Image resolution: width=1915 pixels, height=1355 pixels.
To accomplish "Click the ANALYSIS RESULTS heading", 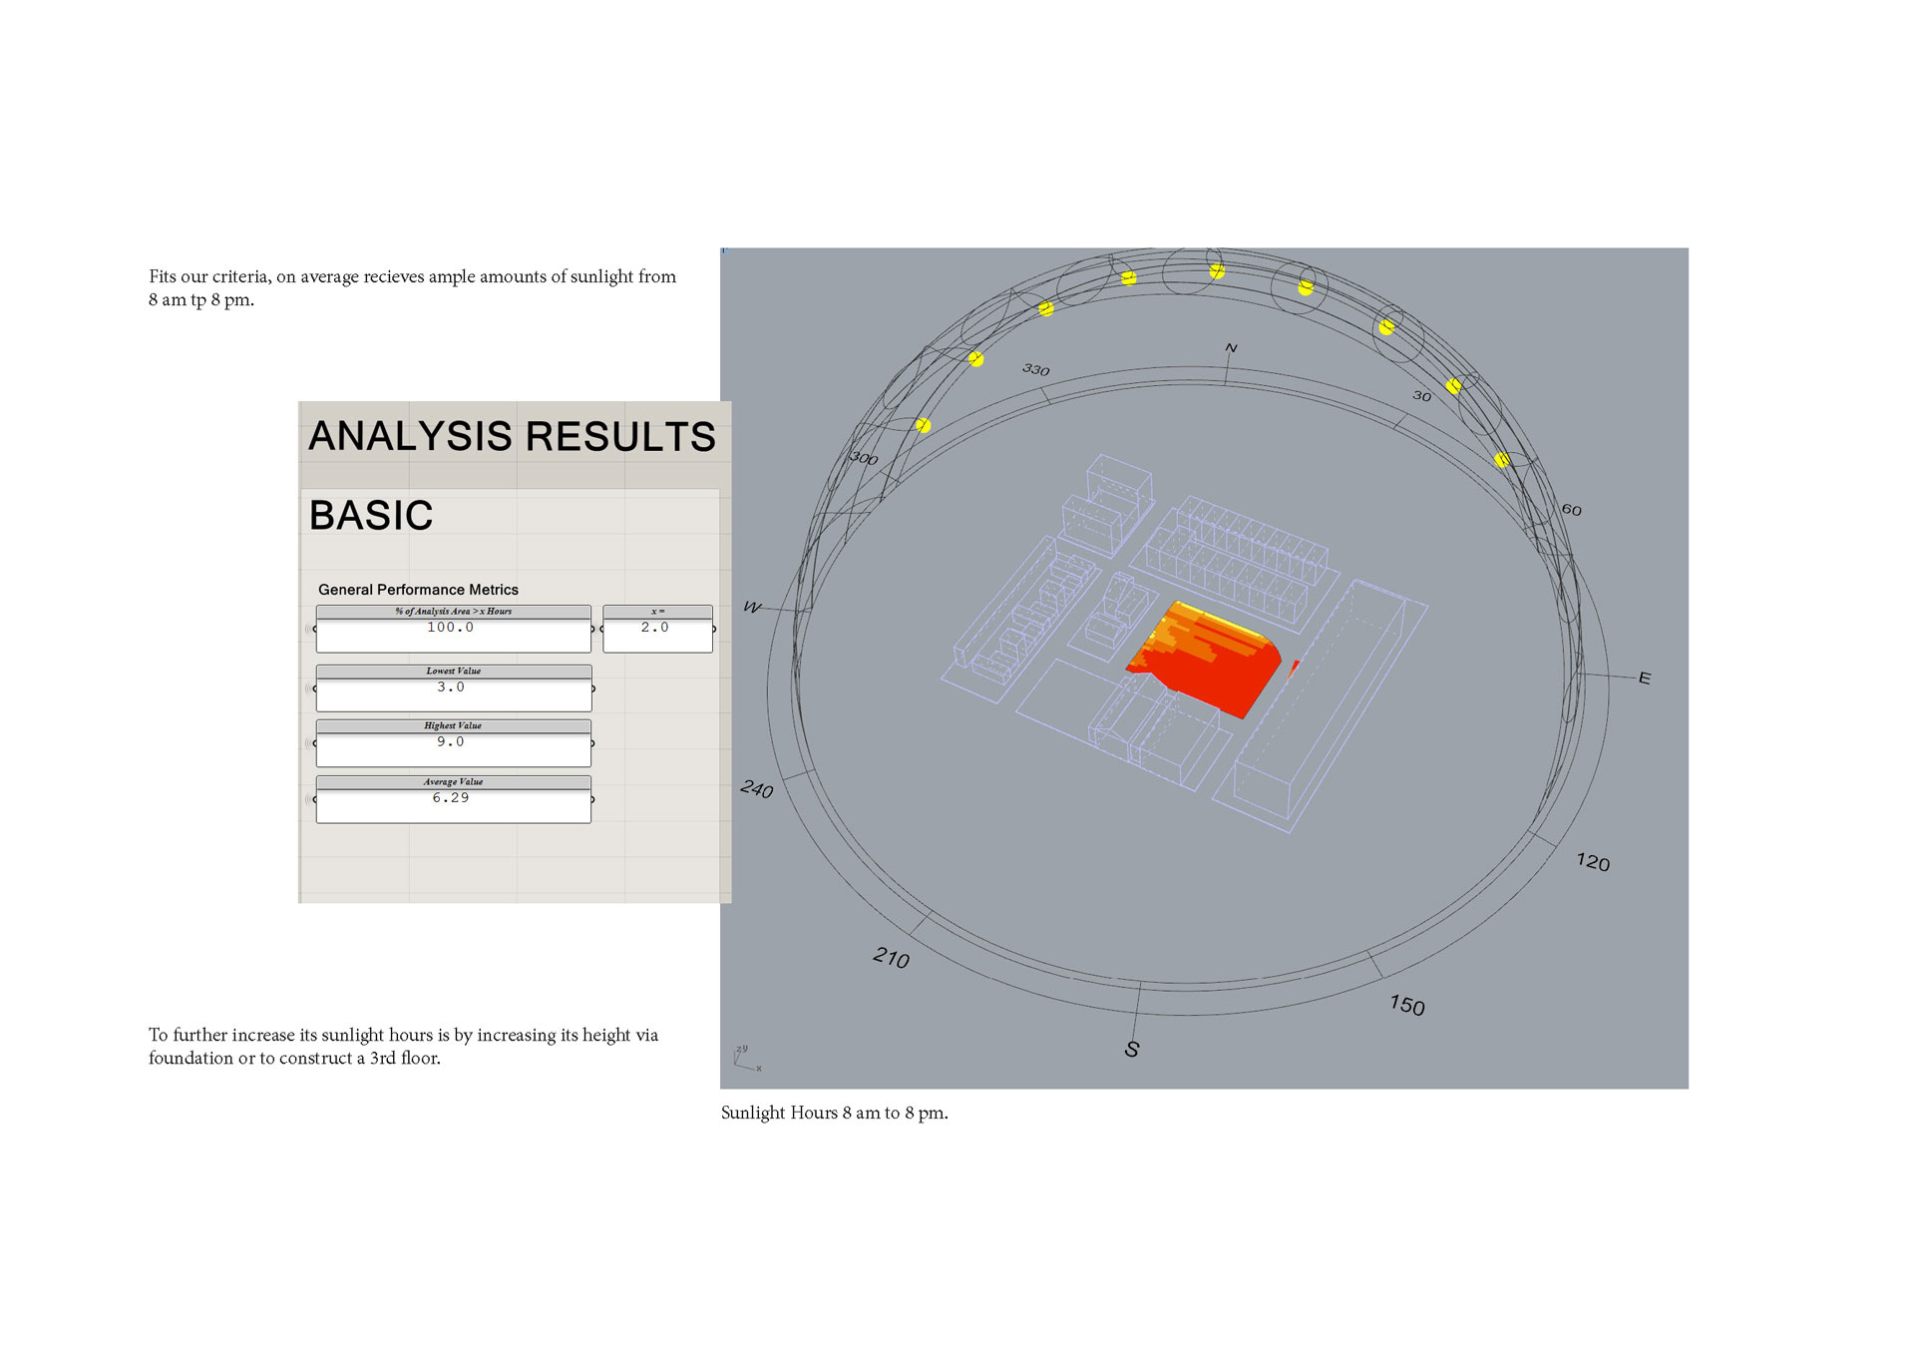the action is (x=512, y=436).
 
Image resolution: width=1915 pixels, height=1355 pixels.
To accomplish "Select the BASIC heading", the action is (x=371, y=515).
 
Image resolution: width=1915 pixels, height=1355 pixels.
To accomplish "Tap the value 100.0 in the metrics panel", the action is (x=451, y=628).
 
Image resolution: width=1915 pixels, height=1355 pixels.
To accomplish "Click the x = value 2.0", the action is (x=655, y=628).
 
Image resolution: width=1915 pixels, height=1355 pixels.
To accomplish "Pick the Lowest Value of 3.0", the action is (x=451, y=687).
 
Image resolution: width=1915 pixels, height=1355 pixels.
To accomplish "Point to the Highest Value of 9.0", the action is (x=451, y=742).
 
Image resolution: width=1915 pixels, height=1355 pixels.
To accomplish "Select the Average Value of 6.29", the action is (x=451, y=798).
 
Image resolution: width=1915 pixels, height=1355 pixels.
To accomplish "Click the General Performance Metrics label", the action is (x=418, y=590).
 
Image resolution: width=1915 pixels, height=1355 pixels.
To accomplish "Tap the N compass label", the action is (x=1231, y=348).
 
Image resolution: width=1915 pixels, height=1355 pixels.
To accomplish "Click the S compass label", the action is (x=1132, y=1049).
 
